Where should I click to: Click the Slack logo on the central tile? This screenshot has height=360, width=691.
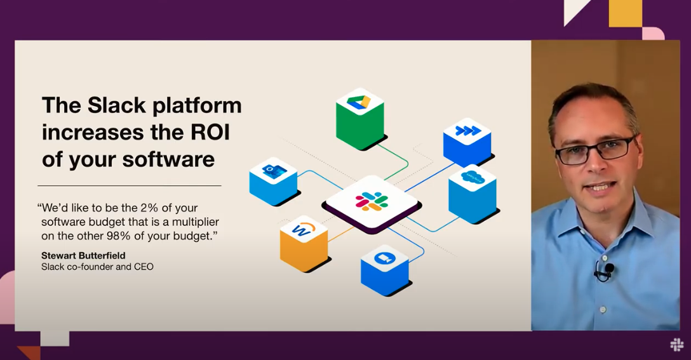(372, 202)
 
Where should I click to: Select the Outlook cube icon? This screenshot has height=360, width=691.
(273, 181)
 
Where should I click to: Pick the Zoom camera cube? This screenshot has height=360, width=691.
(385, 270)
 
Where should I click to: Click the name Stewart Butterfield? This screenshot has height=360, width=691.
(83, 255)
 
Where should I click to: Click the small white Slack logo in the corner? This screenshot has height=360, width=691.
(676, 345)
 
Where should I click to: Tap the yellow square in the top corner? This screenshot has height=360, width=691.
(625, 13)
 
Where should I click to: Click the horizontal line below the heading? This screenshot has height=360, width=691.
(130, 185)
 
